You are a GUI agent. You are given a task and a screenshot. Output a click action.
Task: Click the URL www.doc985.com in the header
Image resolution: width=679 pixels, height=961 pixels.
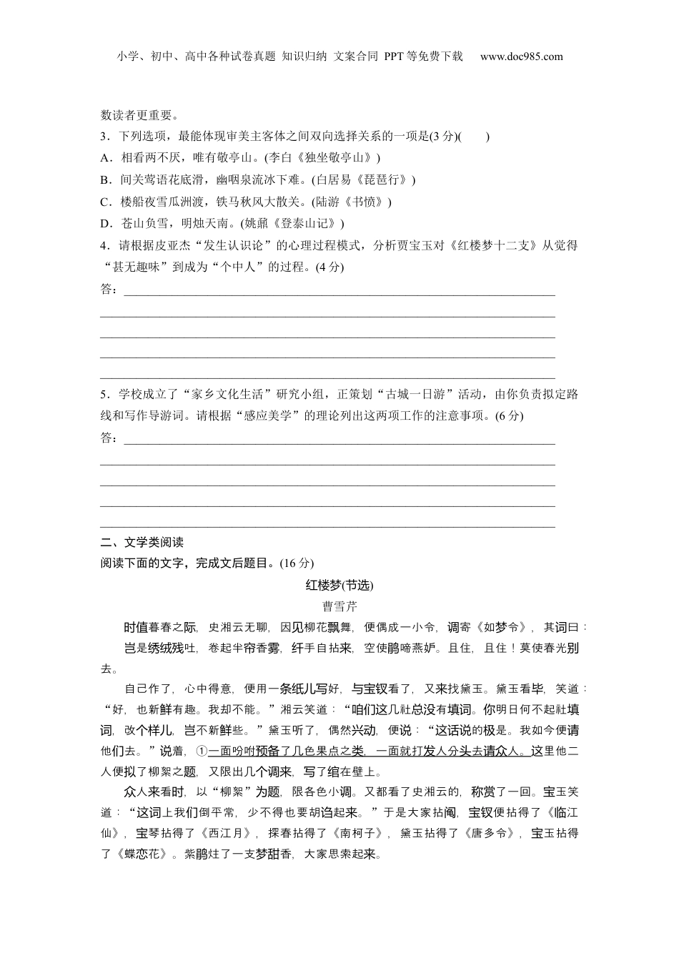click(x=521, y=56)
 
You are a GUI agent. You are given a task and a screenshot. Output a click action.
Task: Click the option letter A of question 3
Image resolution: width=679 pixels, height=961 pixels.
click(x=104, y=158)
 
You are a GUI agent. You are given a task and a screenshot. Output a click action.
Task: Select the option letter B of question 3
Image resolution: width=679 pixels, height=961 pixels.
click(x=104, y=180)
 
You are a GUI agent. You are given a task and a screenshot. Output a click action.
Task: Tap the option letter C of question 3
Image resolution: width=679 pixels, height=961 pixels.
click(x=104, y=202)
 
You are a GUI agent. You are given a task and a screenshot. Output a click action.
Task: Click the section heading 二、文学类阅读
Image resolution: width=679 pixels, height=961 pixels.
click(x=142, y=542)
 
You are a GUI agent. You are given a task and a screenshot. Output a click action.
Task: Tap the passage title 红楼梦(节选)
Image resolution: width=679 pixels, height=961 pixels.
click(x=339, y=586)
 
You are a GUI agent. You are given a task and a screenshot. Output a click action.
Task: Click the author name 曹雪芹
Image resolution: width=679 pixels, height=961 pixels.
click(x=339, y=607)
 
